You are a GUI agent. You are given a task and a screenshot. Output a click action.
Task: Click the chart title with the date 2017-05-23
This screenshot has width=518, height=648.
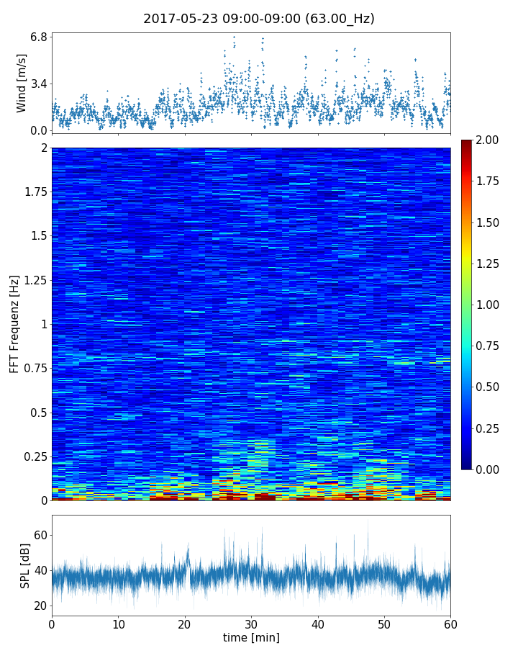(x=259, y=19)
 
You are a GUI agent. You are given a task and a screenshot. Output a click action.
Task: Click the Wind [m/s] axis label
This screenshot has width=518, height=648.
(x=22, y=83)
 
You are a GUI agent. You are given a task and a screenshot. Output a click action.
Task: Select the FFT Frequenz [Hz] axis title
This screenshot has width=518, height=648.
(x=14, y=324)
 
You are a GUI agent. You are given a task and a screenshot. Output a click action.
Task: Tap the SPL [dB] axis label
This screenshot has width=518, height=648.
(x=24, y=565)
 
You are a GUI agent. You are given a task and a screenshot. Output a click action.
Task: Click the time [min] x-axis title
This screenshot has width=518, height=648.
(x=251, y=637)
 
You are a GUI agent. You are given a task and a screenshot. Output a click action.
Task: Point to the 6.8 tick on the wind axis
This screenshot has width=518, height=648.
(x=39, y=37)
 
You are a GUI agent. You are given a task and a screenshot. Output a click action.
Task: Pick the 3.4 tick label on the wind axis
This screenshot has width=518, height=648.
(x=39, y=84)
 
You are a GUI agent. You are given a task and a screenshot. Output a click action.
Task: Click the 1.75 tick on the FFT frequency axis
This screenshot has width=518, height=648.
(x=34, y=192)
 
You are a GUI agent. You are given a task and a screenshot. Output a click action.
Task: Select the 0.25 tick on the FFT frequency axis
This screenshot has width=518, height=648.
(x=34, y=456)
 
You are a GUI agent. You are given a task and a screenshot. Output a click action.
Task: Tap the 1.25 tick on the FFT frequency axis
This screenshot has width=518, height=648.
(x=34, y=280)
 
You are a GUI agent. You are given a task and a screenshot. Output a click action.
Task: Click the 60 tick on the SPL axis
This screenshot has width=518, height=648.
(x=40, y=535)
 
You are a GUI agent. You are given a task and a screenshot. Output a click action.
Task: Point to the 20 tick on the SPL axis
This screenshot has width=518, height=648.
(x=40, y=606)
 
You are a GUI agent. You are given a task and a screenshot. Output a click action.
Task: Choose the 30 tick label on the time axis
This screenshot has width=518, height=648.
(x=251, y=623)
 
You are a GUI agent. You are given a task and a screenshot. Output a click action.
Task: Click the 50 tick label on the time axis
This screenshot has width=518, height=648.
(x=384, y=623)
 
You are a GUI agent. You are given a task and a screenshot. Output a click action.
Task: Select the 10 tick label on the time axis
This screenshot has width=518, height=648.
(x=118, y=623)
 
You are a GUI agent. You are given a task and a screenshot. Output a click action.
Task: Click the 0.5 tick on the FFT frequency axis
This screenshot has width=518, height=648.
(x=37, y=413)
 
